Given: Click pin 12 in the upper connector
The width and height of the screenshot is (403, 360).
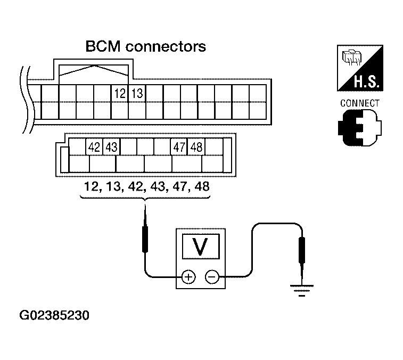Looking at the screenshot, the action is [x=120, y=93].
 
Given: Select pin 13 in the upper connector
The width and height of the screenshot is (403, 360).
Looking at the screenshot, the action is [x=137, y=93].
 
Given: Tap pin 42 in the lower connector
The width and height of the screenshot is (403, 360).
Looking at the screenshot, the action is [x=94, y=147].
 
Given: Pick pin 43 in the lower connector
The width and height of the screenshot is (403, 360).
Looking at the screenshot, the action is [x=111, y=147].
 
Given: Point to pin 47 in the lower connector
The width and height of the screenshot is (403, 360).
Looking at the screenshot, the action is [x=179, y=147].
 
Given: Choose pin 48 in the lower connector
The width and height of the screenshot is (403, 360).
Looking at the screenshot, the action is [x=196, y=147].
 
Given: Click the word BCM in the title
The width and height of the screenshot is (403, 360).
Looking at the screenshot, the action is [x=103, y=46].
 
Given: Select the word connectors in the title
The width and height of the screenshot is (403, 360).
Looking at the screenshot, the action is [x=166, y=47].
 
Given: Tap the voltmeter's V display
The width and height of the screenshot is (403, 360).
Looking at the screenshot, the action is [x=201, y=247].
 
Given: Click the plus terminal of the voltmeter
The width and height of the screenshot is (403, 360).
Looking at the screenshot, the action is [x=188, y=277].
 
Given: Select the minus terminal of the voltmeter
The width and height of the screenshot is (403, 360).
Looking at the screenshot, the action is [x=212, y=277].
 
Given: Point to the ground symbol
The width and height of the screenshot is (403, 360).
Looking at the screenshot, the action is [x=302, y=290].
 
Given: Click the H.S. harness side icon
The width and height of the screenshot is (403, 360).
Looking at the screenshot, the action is [x=360, y=68].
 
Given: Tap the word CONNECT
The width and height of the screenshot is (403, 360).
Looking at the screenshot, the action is [x=360, y=103].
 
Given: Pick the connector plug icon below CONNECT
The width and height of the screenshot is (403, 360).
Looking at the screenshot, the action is [x=359, y=128].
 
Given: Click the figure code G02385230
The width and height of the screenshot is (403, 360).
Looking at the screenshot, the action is [x=54, y=315].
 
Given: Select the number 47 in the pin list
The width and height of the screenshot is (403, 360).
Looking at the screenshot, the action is [x=180, y=186].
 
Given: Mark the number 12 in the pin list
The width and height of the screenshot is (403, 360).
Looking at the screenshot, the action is [x=92, y=186].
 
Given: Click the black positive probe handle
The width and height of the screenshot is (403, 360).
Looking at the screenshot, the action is [x=145, y=239].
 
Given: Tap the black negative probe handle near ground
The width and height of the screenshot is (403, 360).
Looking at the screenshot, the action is [x=302, y=250].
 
